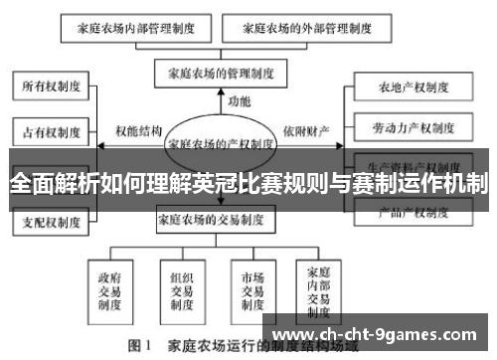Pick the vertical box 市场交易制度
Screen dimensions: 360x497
[247, 287]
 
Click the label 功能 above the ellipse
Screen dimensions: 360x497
[240, 101]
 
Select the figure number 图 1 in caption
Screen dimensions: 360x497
[137, 348]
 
